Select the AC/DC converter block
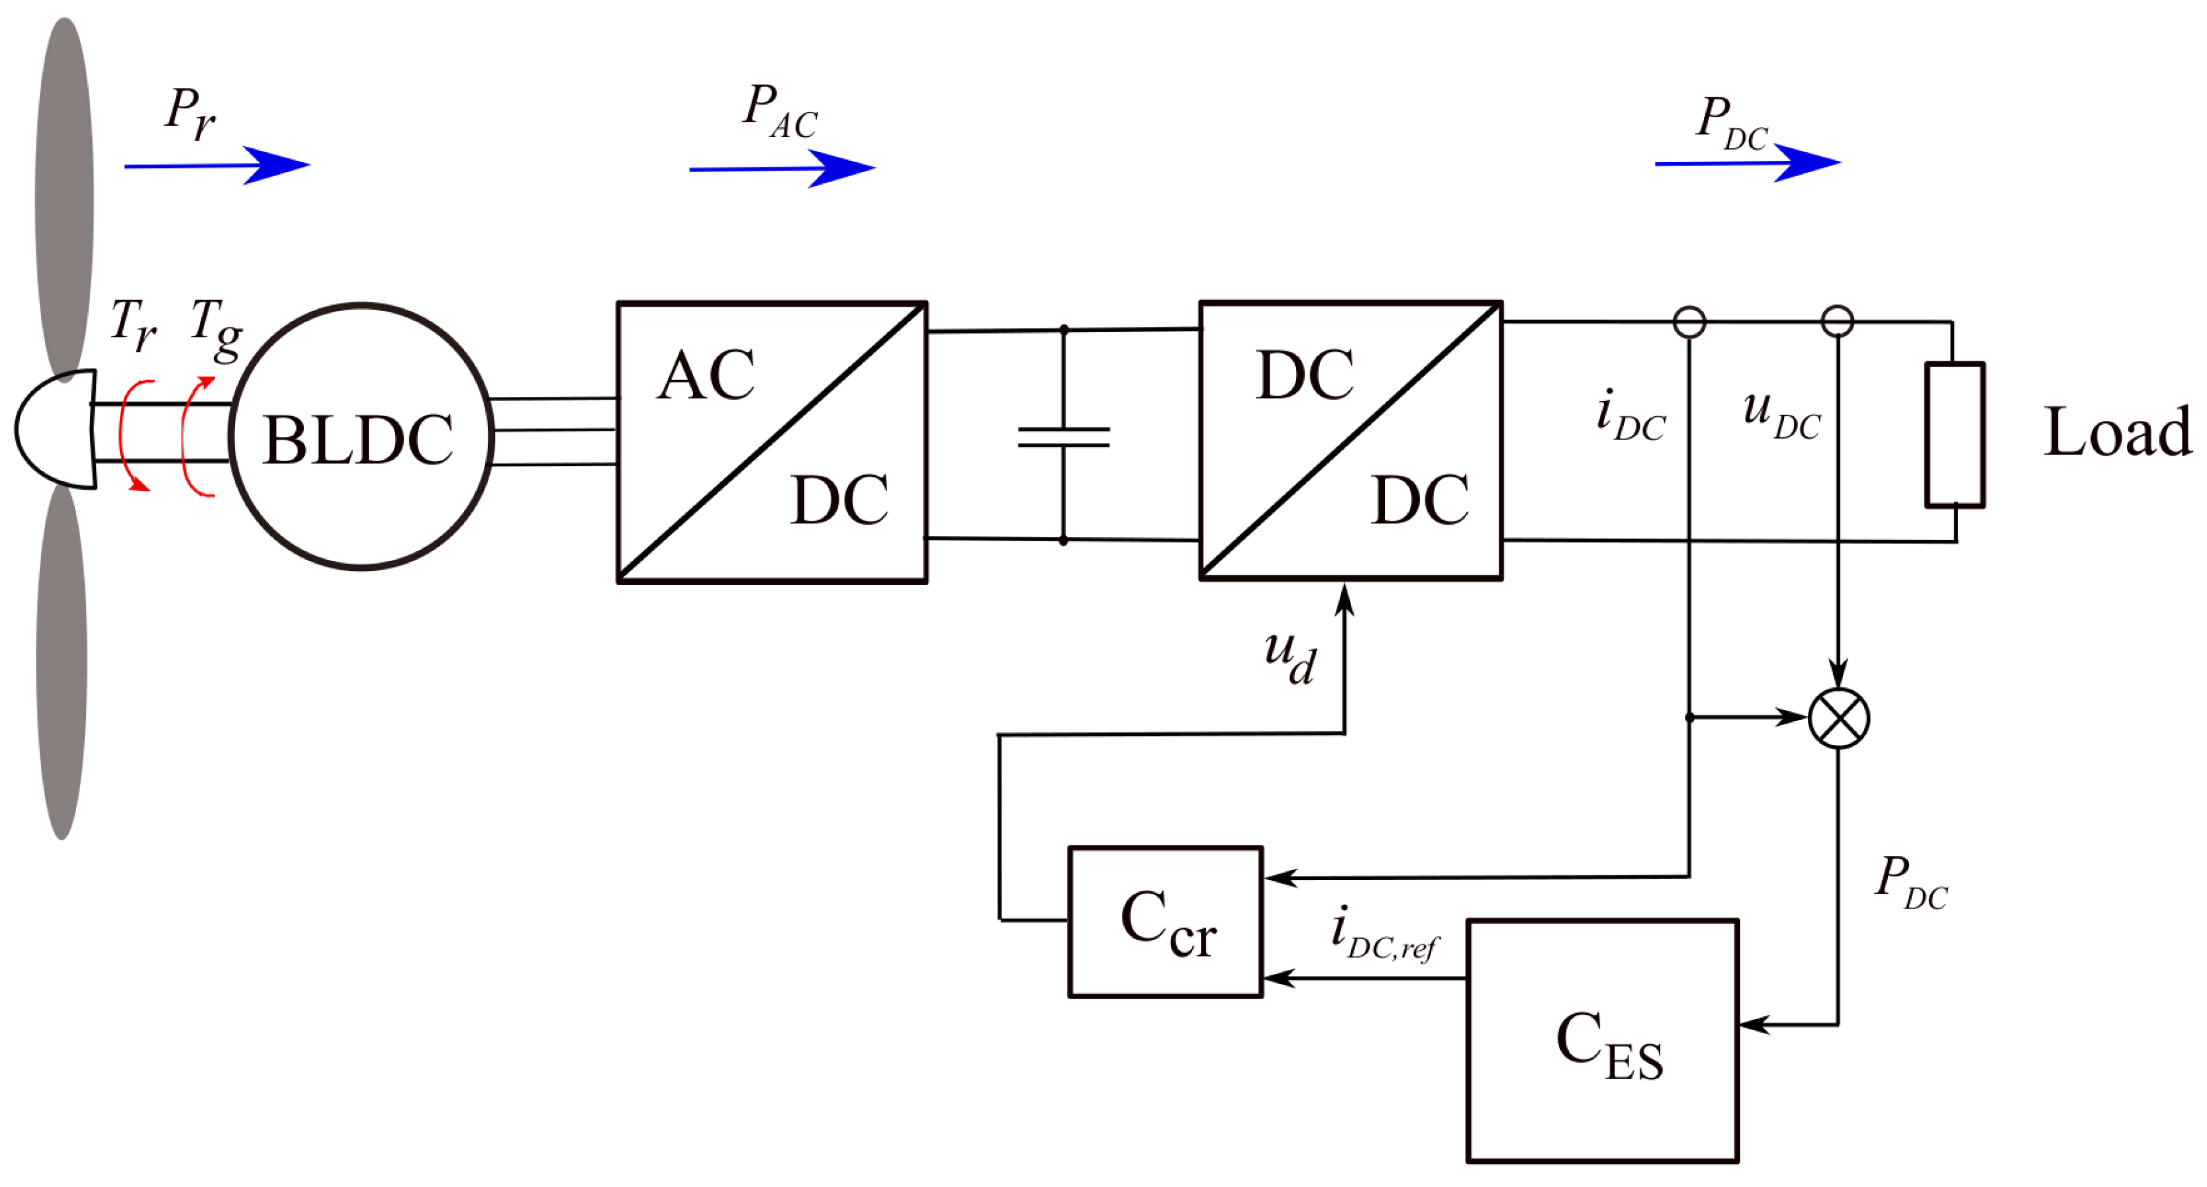coord(772,442)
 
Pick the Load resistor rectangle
coord(1954,435)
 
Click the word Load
coord(2117,433)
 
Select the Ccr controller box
coord(1165,922)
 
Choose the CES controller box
coord(1602,1041)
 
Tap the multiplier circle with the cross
coord(1838,718)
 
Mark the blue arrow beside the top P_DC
coord(1748,162)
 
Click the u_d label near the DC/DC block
coord(1290,658)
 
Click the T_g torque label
coord(216,329)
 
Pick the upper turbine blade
coord(64,197)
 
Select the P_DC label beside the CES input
coord(1910,882)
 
